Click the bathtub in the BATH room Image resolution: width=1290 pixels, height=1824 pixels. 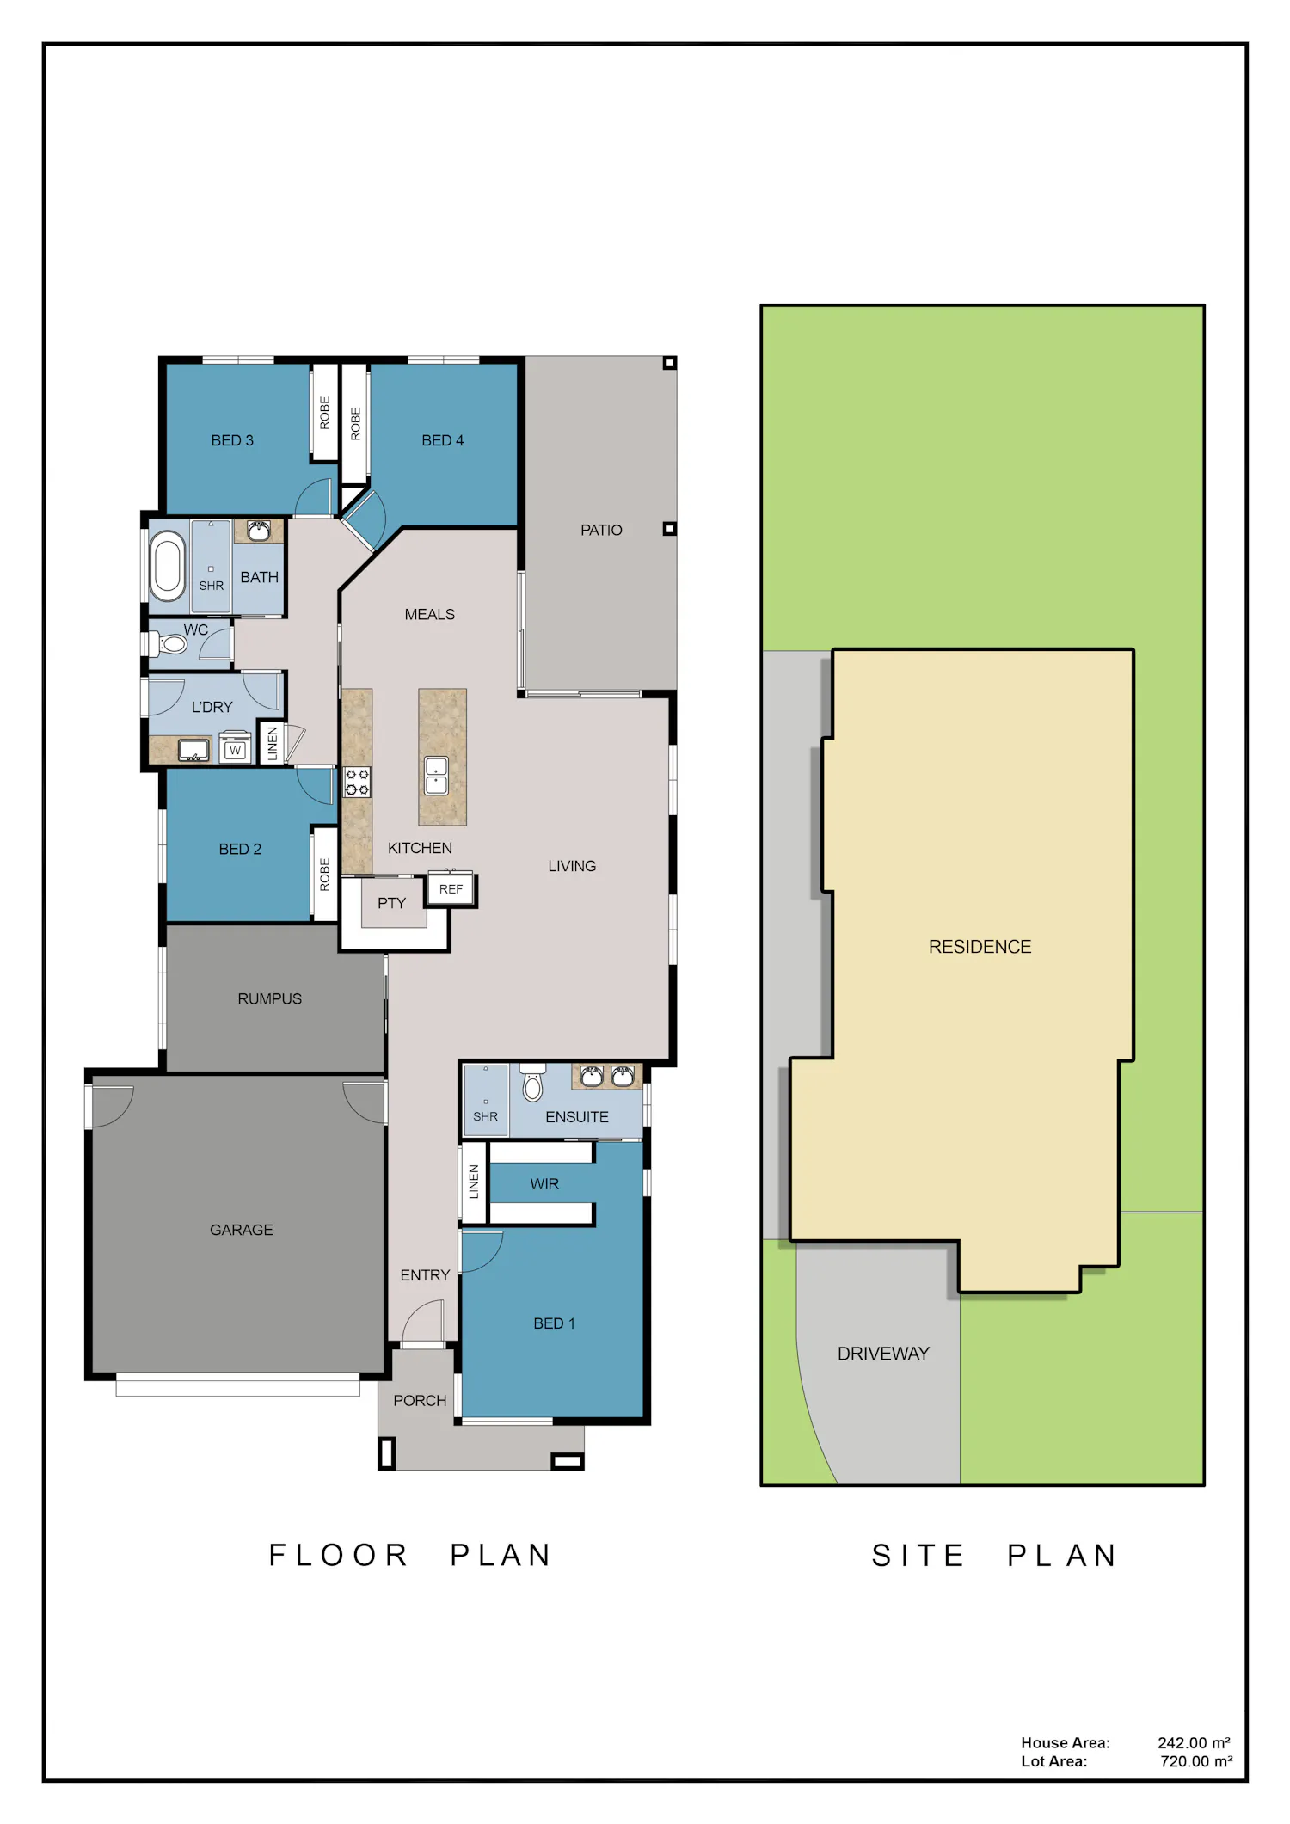pos(167,566)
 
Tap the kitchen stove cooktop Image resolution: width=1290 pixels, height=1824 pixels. pos(358,782)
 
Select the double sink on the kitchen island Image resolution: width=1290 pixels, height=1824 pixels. pos(437,775)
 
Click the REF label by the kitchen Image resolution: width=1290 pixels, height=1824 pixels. pos(451,889)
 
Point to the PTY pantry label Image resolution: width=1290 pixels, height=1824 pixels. pos(391,903)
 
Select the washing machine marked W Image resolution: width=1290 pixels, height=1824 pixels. pos(235,748)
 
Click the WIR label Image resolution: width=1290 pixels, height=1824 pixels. pos(544,1184)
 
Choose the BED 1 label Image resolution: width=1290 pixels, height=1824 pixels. pos(554,1323)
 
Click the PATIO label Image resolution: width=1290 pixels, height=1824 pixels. pos(601,531)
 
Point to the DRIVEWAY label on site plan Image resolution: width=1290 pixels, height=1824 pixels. pos(883,1354)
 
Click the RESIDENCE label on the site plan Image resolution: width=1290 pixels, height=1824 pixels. pos(980,947)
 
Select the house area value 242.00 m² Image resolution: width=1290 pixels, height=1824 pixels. pos(1194,1743)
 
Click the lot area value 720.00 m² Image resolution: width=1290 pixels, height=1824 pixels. pos(1195,1761)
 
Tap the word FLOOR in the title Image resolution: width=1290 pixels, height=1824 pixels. pos(338,1556)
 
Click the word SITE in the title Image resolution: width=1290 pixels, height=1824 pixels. pos(918,1556)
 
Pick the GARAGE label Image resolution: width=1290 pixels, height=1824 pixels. pos(242,1231)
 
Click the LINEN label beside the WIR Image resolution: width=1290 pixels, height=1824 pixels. pos(474,1182)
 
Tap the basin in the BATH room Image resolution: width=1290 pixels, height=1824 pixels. pos(259,530)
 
